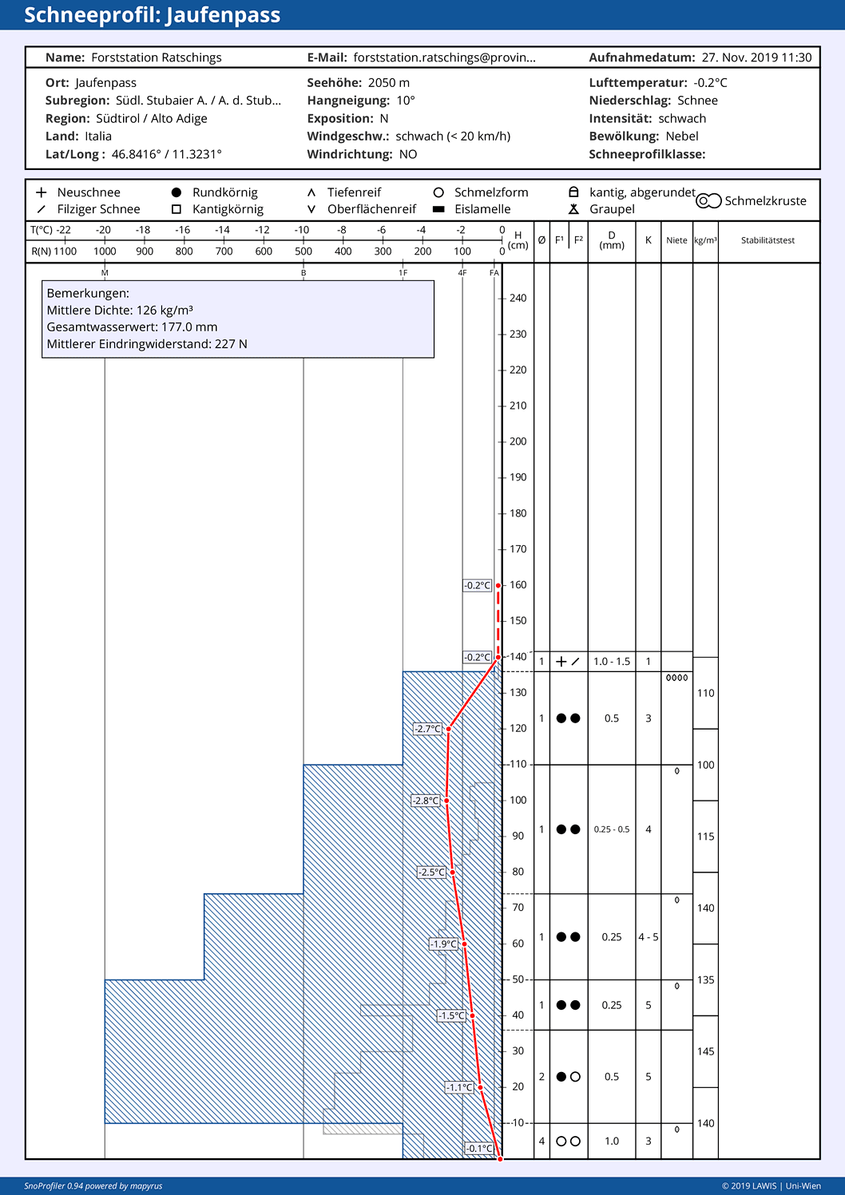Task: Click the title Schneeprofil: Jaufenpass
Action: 152,15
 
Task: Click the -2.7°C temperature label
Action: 427,729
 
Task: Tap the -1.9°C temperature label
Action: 443,944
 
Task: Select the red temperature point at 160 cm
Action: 498,586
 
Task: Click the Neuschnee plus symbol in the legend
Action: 41,192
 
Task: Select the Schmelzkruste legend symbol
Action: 708,200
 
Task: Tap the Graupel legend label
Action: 612,209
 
